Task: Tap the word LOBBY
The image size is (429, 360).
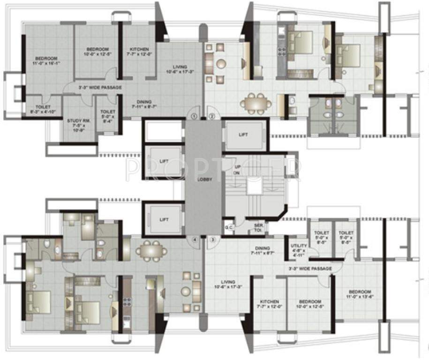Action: click(x=203, y=180)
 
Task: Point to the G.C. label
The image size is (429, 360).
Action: click(x=228, y=227)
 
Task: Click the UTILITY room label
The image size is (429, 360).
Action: click(x=298, y=246)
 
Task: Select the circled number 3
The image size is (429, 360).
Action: click(x=212, y=240)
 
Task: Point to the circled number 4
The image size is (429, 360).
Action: click(x=194, y=240)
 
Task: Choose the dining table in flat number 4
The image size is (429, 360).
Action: click(x=151, y=251)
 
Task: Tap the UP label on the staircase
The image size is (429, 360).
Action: click(x=237, y=167)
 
